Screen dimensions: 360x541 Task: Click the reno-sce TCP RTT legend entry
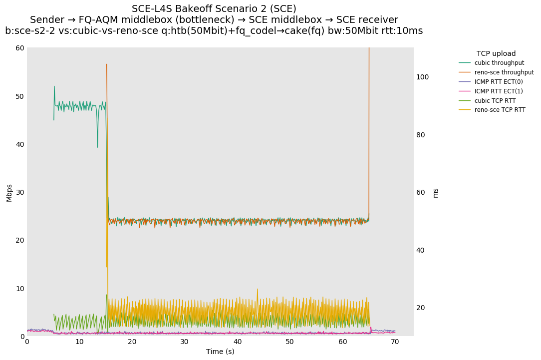tap(500, 110)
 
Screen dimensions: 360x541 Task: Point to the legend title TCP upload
tap(496, 53)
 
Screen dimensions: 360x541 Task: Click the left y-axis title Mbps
tap(9, 192)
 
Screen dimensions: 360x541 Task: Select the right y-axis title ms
tap(435, 193)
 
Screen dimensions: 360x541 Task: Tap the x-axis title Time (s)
tap(220, 352)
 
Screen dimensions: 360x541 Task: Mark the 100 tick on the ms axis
tap(423, 77)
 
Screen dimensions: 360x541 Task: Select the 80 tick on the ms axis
tap(421, 135)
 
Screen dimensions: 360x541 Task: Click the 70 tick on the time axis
tap(395, 342)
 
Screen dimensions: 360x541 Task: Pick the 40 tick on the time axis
tap(237, 342)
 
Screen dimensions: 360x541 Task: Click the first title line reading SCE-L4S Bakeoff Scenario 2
tap(214, 9)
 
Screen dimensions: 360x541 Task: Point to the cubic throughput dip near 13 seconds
tap(97, 147)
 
